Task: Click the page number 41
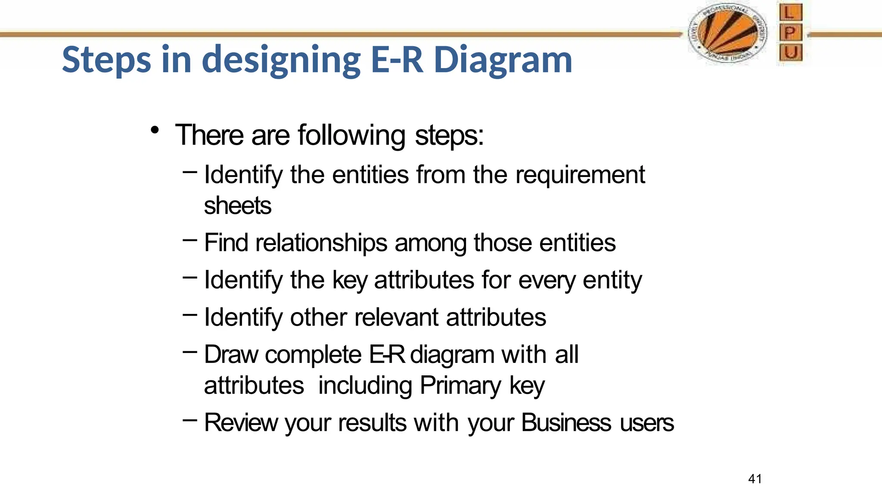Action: (755, 479)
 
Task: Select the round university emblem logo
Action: (727, 33)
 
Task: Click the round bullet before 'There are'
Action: (155, 130)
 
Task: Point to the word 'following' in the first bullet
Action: (351, 135)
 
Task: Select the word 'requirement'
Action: (580, 175)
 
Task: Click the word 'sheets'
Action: (237, 205)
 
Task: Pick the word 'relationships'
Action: (321, 242)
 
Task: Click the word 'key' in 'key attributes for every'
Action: (350, 280)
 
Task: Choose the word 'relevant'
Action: (397, 317)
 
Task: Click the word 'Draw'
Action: (231, 355)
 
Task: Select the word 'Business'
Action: (566, 422)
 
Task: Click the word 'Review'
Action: (241, 422)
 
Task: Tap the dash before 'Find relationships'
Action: (190, 240)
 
